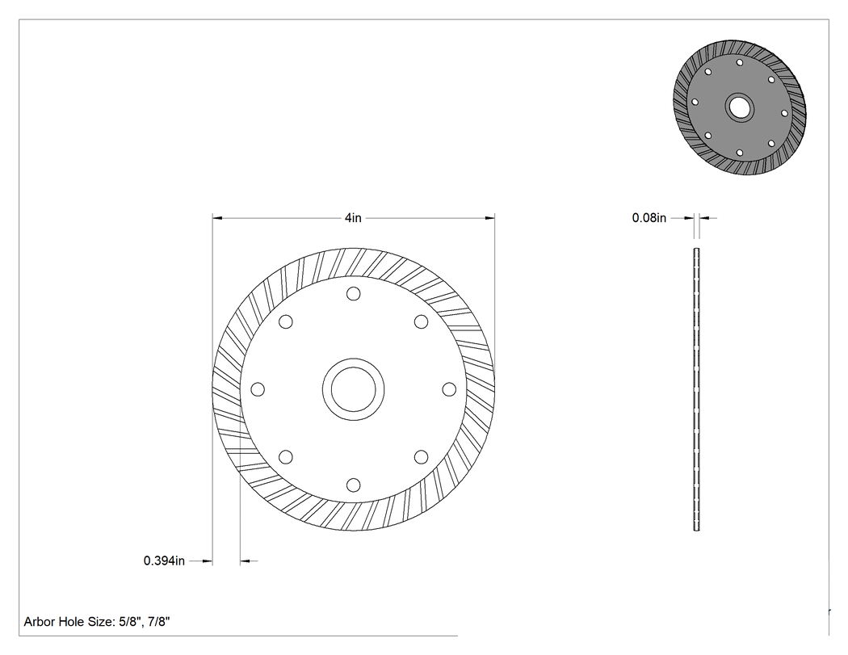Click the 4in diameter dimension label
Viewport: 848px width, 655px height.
tap(353, 218)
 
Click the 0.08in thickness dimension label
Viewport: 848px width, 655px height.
tap(649, 218)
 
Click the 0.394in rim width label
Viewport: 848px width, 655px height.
tap(164, 561)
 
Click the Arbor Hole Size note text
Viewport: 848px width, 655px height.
tap(97, 621)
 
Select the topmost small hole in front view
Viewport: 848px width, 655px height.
tap(353, 294)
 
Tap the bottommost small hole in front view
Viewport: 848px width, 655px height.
tap(353, 485)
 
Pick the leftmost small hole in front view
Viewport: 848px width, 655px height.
tap(258, 389)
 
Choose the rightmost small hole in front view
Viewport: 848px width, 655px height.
tap(449, 389)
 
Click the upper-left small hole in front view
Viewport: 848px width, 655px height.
tap(286, 321)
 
